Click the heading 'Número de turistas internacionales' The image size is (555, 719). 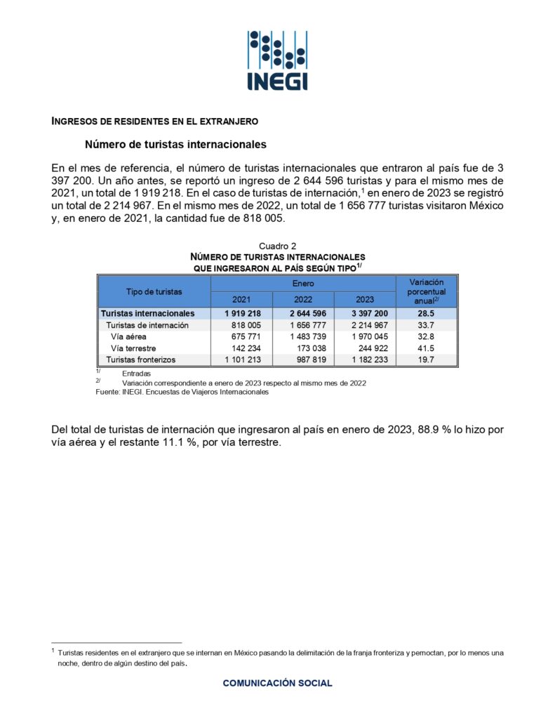[175, 145]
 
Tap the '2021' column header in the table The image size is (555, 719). [241, 300]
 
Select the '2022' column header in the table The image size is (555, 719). [303, 300]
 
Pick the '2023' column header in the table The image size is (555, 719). [365, 300]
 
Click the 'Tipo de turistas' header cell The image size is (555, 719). [154, 291]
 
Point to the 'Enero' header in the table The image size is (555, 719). [303, 284]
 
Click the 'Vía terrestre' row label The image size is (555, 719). [133, 348]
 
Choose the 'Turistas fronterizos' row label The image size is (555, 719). [140, 359]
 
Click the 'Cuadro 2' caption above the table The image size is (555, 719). [278, 246]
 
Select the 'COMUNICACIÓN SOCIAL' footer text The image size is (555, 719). [278, 682]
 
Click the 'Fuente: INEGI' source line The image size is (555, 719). [182, 393]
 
